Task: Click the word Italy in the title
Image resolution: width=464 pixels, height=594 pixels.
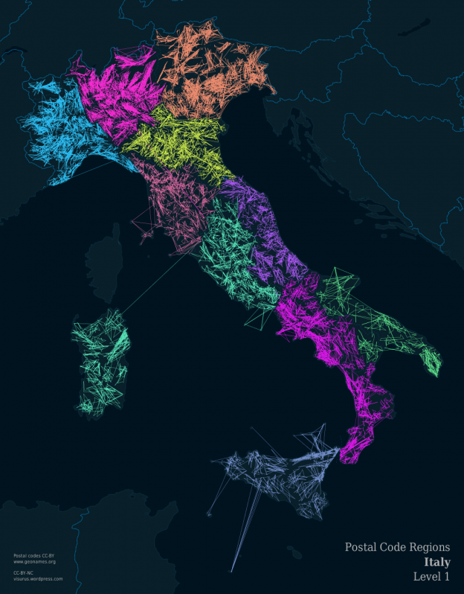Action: click(x=436, y=562)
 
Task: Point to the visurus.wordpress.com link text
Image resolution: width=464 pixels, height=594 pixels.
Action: click(x=38, y=578)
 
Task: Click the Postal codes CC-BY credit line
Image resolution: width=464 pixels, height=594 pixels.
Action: click(x=34, y=555)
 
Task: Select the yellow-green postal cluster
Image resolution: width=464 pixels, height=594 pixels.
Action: click(x=178, y=141)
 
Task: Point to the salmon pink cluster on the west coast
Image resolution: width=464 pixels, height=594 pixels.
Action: click(x=175, y=201)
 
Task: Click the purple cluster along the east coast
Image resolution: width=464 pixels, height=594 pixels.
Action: click(x=264, y=223)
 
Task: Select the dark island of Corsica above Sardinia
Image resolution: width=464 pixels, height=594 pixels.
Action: click(x=104, y=261)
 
